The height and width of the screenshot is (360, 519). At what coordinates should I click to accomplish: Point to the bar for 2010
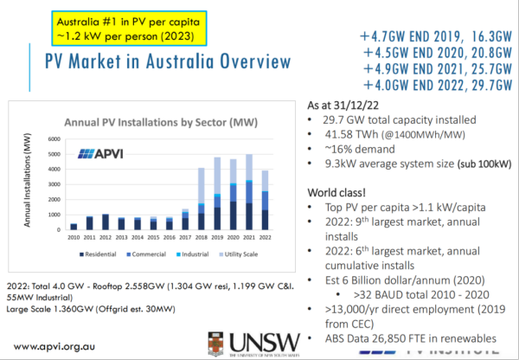click(x=74, y=227)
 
